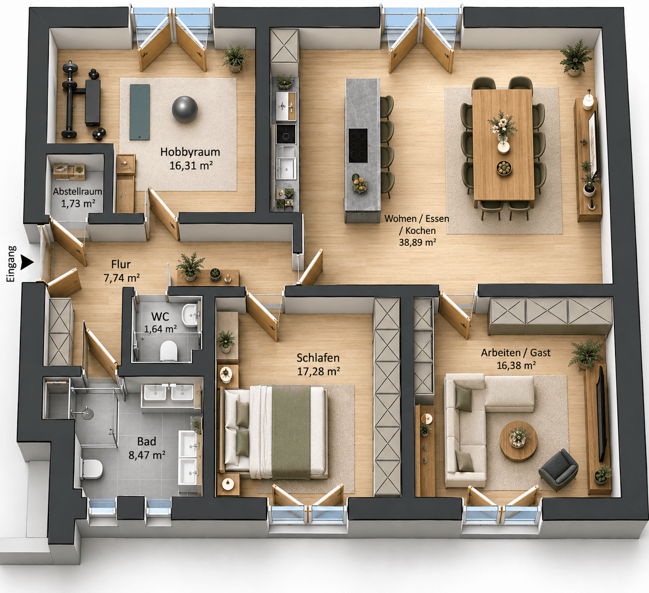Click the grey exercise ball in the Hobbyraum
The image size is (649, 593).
pyautogui.click(x=185, y=109)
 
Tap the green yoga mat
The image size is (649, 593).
pyautogui.click(x=140, y=112)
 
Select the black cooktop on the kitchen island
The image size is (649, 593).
pyautogui.click(x=358, y=145)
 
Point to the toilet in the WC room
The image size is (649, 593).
pyautogui.click(x=169, y=351)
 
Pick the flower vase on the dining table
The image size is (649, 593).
pyautogui.click(x=503, y=127)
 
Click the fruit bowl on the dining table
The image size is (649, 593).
pyautogui.click(x=504, y=168)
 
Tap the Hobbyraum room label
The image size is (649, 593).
pyautogui.click(x=190, y=152)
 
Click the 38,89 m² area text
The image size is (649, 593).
pyautogui.click(x=417, y=242)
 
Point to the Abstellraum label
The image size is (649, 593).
pyautogui.click(x=78, y=191)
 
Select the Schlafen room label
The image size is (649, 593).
pyautogui.click(x=318, y=358)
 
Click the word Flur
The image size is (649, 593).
pyautogui.click(x=121, y=264)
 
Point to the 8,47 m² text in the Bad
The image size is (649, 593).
pyautogui.click(x=147, y=455)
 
